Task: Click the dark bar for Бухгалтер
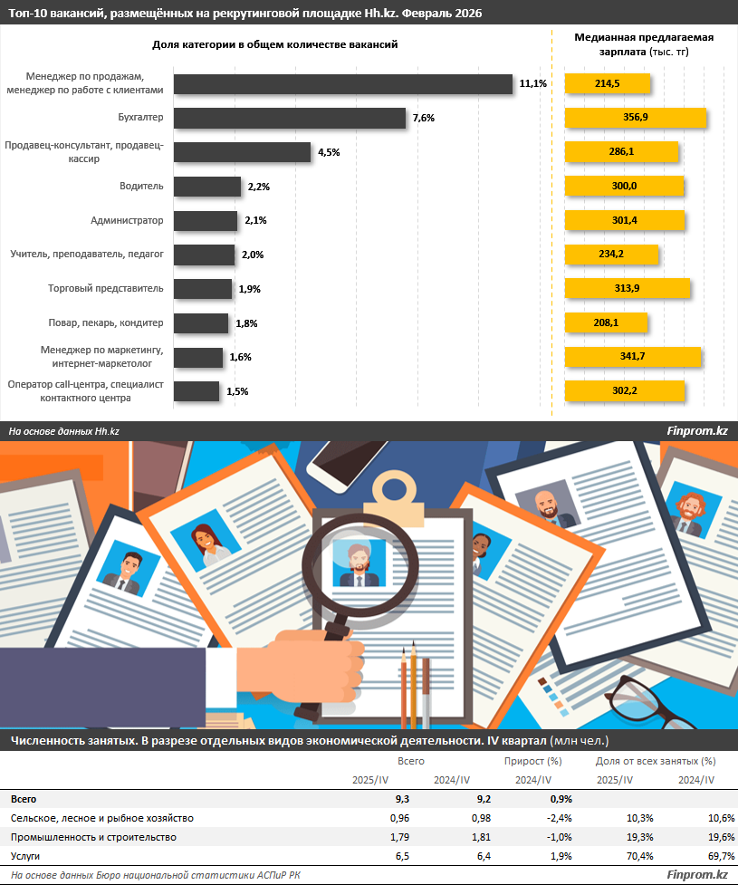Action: point(289,118)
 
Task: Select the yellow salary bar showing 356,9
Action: point(635,118)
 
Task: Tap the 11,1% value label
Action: point(532,84)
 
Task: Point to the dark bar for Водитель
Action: point(207,187)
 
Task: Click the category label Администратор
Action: point(127,220)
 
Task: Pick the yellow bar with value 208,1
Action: point(606,322)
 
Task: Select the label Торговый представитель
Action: point(105,289)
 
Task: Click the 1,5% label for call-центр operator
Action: point(236,391)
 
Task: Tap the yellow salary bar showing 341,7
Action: point(632,357)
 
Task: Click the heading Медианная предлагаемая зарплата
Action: point(644,44)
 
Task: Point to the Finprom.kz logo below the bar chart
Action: point(696,431)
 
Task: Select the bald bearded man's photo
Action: point(546,505)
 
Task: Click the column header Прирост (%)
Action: point(528,762)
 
